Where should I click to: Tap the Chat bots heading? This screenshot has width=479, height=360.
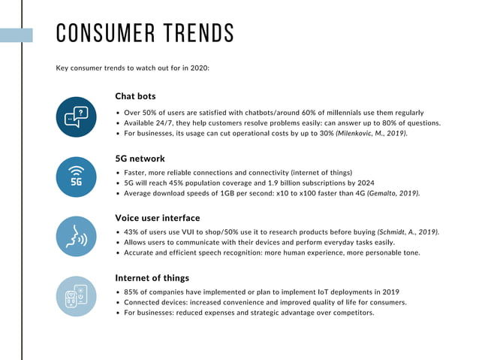click(136, 96)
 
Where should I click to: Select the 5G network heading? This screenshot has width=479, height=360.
click(140, 159)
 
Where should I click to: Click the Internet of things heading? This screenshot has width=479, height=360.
click(152, 277)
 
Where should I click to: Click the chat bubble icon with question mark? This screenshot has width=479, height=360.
click(76, 117)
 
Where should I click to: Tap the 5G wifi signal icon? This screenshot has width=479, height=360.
click(76, 177)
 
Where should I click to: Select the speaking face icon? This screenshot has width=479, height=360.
click(76, 236)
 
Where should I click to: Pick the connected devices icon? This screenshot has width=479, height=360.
click(76, 295)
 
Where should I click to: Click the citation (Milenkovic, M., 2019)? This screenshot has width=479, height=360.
click(372, 133)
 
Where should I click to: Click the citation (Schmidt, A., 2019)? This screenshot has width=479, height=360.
click(408, 232)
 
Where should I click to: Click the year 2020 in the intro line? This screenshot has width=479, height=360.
click(198, 68)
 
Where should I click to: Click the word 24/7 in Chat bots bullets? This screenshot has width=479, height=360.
click(160, 123)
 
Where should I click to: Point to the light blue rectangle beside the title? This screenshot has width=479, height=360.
click(16, 35)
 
